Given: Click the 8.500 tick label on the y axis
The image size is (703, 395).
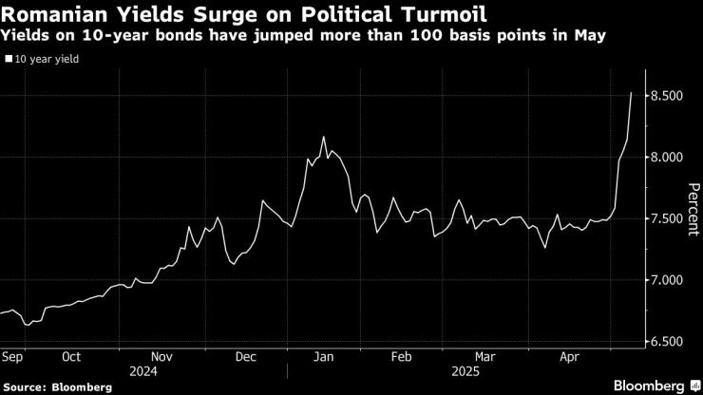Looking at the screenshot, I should [670, 96].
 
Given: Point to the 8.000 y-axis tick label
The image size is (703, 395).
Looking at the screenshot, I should [670, 158].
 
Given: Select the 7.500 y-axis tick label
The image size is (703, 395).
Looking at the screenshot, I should [670, 219].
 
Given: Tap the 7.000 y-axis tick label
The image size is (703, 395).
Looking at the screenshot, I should [670, 281].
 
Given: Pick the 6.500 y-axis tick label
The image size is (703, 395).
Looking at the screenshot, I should [670, 342].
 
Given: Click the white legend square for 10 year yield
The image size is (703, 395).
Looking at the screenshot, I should [9, 58].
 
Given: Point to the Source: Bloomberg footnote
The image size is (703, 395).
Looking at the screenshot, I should [58, 387].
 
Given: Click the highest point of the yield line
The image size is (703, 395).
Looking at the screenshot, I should [632, 93].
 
